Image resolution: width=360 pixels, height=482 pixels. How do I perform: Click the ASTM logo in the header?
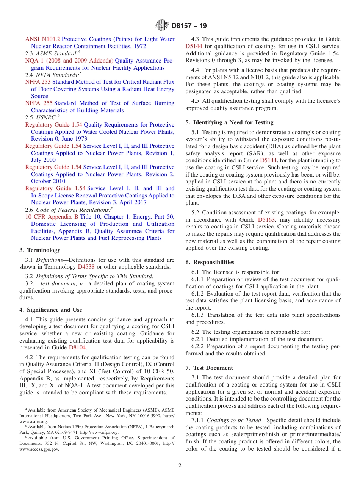coord(162,26)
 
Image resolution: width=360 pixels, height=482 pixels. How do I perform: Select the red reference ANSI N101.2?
coord(42,39)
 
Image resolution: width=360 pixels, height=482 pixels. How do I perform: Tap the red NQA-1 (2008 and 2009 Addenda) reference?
coord(69,61)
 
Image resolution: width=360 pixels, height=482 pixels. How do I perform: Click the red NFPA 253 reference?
coord(38,82)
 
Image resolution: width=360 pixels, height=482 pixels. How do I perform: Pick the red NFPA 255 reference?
coord(38,103)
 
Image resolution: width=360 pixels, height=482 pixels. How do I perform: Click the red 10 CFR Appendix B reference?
coord(52,217)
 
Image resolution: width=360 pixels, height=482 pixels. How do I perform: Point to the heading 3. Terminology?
coord(40,250)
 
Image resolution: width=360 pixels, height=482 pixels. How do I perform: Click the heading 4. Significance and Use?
coord(51,310)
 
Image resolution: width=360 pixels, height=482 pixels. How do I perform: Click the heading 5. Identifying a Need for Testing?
coord(229,122)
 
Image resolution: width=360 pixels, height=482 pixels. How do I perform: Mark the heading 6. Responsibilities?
coord(210,262)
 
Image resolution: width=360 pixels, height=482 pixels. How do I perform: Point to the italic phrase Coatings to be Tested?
coord(231,420)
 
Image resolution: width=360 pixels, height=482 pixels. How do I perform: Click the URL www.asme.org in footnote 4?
coord(34,421)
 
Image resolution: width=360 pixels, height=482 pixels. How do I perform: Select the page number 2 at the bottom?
coord(180,466)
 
